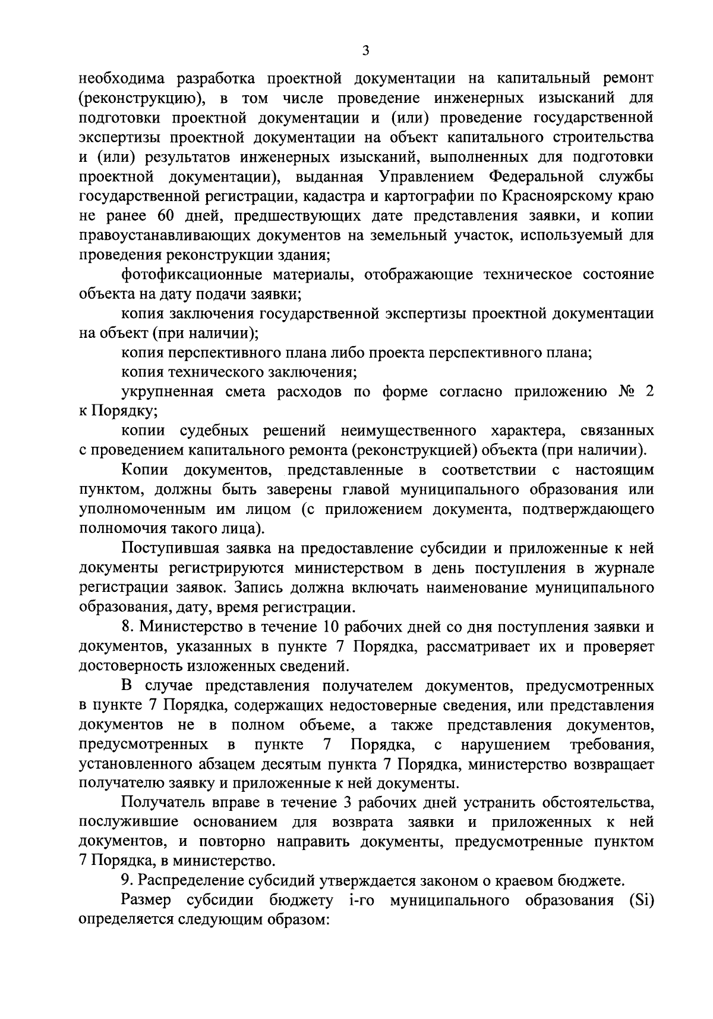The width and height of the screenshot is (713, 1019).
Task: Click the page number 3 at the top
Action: point(365,52)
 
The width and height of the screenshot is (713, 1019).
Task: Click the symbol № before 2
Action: point(620,392)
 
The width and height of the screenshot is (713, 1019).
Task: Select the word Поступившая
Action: point(169,548)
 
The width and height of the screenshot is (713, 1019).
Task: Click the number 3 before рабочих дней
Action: point(348,802)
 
